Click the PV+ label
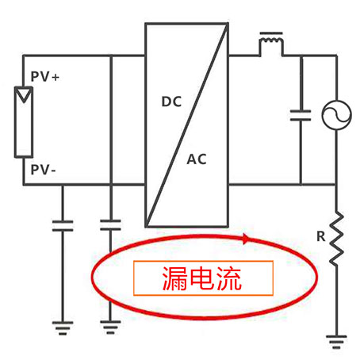point(44,77)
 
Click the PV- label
point(43,170)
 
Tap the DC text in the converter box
point(171,101)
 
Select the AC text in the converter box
point(197,159)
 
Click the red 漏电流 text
point(202,278)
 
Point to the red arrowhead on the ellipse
point(246,239)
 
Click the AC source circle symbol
point(337,115)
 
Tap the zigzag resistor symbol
point(337,238)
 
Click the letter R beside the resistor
point(321,236)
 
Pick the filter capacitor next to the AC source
point(301,115)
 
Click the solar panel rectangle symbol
point(24,122)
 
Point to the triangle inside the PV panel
point(24,94)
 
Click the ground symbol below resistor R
point(336,342)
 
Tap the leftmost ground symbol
point(63,328)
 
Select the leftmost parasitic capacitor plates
point(63,226)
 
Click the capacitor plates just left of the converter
point(110,225)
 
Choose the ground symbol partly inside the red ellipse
point(110,327)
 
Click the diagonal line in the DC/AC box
point(186,125)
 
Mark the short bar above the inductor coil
point(271,33)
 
